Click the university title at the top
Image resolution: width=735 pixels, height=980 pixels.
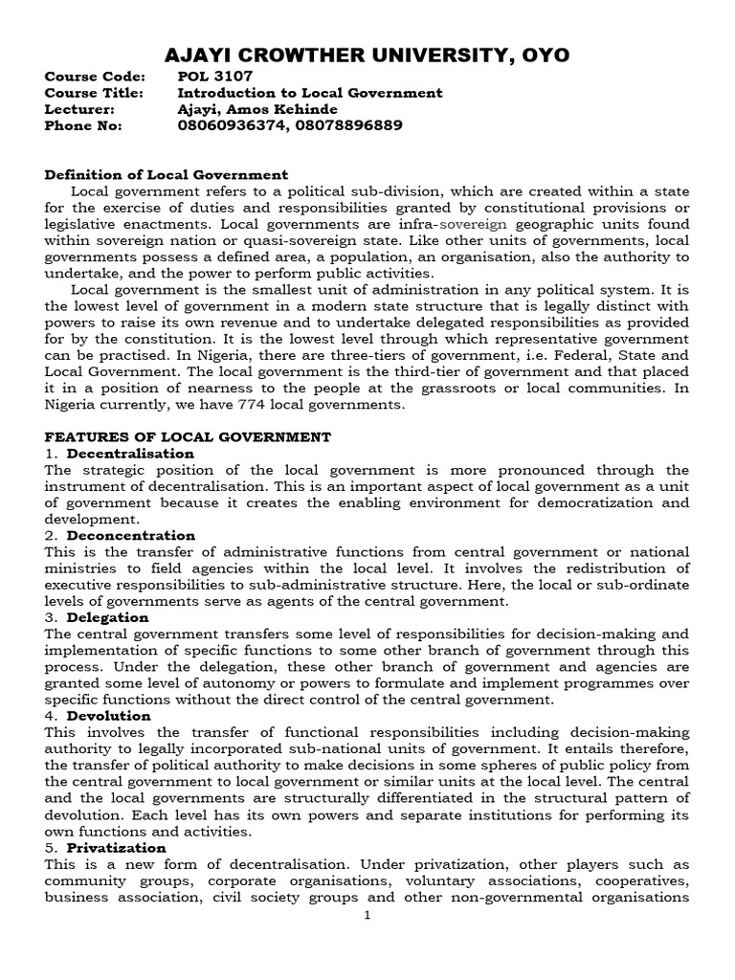(367, 56)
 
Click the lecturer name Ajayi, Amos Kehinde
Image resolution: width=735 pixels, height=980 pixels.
(257, 109)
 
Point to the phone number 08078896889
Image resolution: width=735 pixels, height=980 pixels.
(348, 125)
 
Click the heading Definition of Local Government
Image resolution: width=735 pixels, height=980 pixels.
(167, 174)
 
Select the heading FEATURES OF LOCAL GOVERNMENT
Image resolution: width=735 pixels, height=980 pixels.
(188, 436)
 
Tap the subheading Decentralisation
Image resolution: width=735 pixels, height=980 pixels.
(130, 453)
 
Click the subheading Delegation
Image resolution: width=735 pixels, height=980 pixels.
(108, 617)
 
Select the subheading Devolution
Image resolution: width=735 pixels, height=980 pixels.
(109, 716)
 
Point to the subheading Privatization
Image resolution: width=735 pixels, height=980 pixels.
(116, 848)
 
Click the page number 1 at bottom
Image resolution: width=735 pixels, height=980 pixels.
(367, 915)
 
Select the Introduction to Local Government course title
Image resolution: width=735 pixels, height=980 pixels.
(310, 93)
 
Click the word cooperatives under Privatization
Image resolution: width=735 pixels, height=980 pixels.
(640, 880)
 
